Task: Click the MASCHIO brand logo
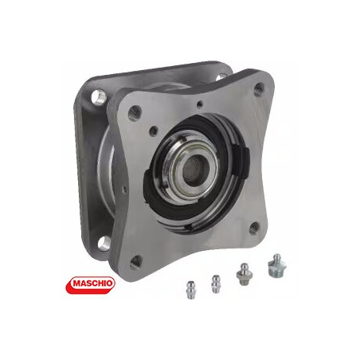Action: coord(90,285)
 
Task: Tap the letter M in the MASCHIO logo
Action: coord(77,283)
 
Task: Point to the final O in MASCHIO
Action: coord(109,283)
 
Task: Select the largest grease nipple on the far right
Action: coord(276,266)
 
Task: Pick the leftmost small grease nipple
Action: coord(190,290)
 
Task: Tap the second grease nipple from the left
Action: coord(215,284)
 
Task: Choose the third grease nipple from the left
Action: coord(244,274)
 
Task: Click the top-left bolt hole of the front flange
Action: coord(134,112)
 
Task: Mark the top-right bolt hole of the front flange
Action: coord(259,90)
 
